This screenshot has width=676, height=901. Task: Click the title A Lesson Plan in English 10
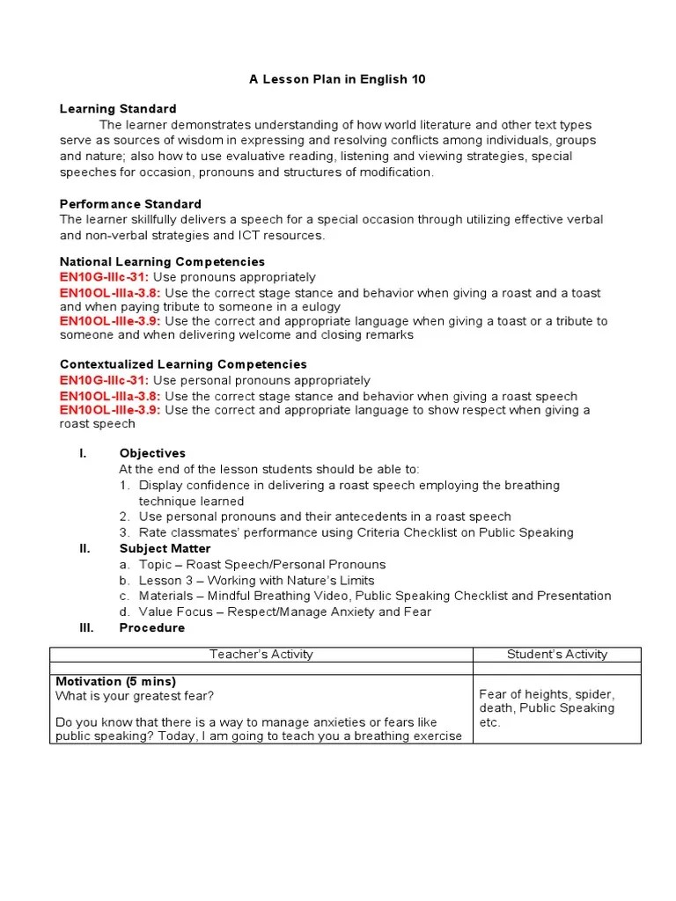tap(337, 79)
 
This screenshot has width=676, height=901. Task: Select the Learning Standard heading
tap(118, 109)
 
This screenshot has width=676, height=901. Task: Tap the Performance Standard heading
tap(130, 204)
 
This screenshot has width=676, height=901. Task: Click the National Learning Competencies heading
tap(162, 262)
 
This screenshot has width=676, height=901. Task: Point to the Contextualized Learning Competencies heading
tap(183, 364)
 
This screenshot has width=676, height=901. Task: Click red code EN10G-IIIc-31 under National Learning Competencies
tap(104, 278)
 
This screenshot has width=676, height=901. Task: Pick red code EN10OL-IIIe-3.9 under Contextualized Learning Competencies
tap(110, 410)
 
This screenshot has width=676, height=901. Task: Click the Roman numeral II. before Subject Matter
tap(84, 548)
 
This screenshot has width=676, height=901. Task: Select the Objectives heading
tap(152, 453)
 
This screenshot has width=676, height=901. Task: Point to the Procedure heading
tap(152, 627)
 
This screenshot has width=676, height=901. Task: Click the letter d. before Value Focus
tap(125, 612)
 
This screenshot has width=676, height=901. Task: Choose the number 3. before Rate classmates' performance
tap(125, 532)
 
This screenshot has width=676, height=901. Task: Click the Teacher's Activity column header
tap(261, 654)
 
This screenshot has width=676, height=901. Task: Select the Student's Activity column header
tap(557, 654)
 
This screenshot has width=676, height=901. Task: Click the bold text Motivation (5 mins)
tap(115, 682)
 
